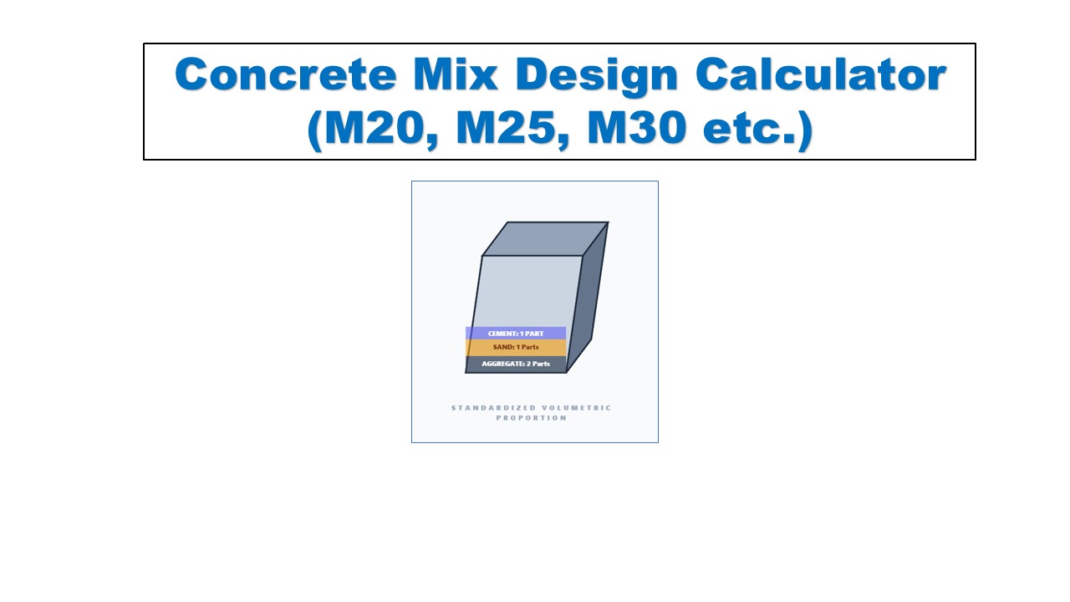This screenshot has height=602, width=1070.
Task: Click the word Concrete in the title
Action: pyautogui.click(x=285, y=75)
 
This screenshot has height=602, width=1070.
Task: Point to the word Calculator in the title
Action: pyautogui.click(x=821, y=75)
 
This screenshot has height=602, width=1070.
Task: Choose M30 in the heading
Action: pyautogui.click(x=648, y=130)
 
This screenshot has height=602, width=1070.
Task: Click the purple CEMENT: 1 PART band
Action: pyautogui.click(x=516, y=333)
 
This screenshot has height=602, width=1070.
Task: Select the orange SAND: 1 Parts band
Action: pyautogui.click(x=516, y=347)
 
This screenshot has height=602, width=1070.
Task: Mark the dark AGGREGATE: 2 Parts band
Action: pyautogui.click(x=516, y=364)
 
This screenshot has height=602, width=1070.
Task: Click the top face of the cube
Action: pyautogui.click(x=545, y=238)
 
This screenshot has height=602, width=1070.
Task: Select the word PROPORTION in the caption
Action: pyautogui.click(x=532, y=418)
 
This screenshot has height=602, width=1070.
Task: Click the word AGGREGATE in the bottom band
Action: pyautogui.click(x=502, y=364)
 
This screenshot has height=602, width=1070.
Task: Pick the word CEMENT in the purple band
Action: pyautogui.click(x=502, y=333)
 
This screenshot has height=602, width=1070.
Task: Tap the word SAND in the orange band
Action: pyautogui.click(x=501, y=347)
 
